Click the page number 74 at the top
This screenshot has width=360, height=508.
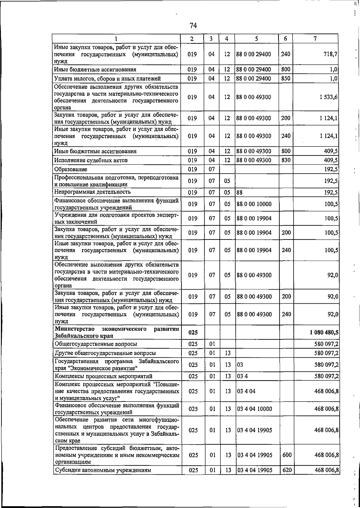click(193, 26)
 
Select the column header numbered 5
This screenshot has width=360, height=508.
click(256, 38)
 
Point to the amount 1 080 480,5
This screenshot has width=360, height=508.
click(324, 332)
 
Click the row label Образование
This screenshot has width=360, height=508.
click(71, 169)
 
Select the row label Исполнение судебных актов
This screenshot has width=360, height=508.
click(91, 160)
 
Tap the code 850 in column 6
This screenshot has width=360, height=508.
click(286, 79)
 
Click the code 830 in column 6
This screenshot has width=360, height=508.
click(286, 160)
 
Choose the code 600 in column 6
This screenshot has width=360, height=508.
click(287, 455)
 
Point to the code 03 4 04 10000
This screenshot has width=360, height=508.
click(255, 409)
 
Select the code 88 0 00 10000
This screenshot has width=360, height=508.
click(254, 204)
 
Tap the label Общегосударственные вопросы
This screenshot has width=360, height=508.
click(96, 344)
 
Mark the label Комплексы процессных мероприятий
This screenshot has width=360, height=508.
click(104, 376)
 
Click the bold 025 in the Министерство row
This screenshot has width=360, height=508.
click(193, 332)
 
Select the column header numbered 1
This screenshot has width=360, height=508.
click(116, 38)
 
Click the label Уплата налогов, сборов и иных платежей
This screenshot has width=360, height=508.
click(107, 79)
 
